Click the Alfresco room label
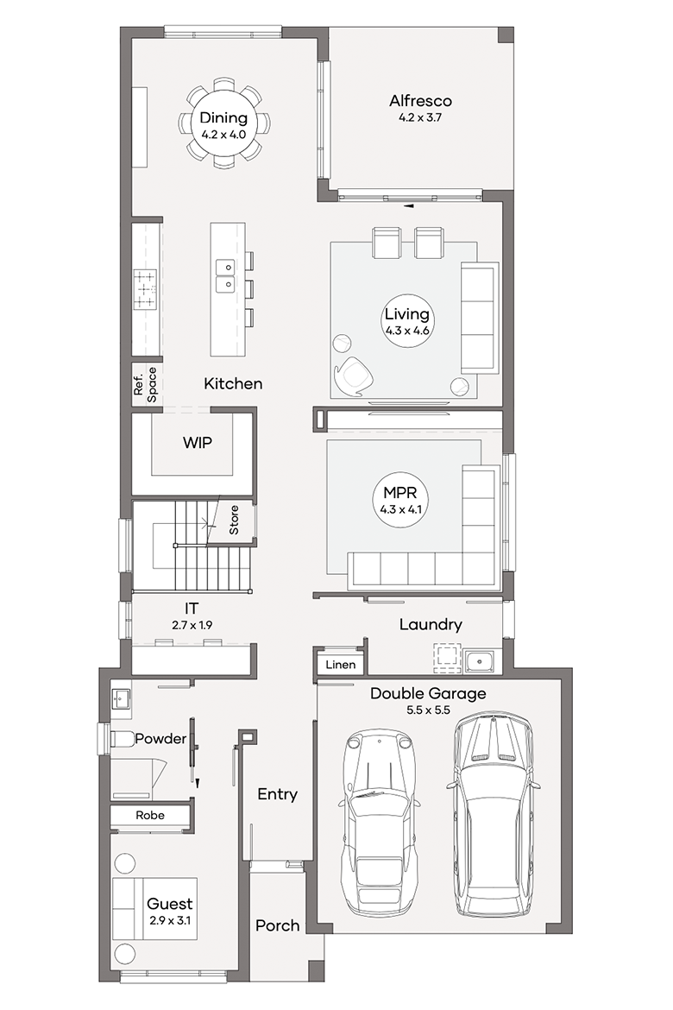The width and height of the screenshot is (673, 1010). pyautogui.click(x=420, y=101)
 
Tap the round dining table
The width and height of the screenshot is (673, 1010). pyautogui.click(x=223, y=123)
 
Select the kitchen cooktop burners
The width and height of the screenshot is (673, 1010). pyautogui.click(x=145, y=288)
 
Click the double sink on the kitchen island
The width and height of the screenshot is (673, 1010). pyautogui.click(x=224, y=275)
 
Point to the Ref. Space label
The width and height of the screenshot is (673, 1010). pyautogui.click(x=146, y=384)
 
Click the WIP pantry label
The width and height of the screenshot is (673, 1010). pyautogui.click(x=197, y=443)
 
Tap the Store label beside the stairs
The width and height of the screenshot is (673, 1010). pyautogui.click(x=234, y=520)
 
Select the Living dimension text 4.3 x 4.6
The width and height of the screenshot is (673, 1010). pyautogui.click(x=407, y=331)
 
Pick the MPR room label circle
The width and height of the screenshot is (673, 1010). pyautogui.click(x=400, y=500)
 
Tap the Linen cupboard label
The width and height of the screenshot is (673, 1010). pyautogui.click(x=340, y=665)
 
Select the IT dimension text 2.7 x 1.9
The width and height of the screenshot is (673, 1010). pyautogui.click(x=192, y=625)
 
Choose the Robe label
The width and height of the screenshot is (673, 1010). pyautogui.click(x=150, y=815)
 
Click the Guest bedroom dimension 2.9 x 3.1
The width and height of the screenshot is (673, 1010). pyautogui.click(x=170, y=920)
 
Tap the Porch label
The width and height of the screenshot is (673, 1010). pyautogui.click(x=278, y=925)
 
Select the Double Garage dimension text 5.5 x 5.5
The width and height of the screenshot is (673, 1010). pyautogui.click(x=428, y=710)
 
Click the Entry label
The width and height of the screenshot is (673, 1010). pyautogui.click(x=278, y=795)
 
